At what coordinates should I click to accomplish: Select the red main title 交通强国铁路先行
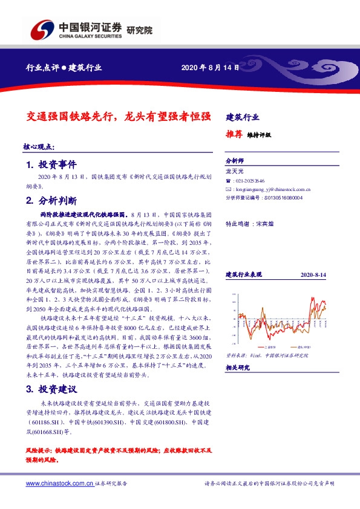tap(71, 115)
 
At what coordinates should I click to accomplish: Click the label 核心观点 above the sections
tap(39, 147)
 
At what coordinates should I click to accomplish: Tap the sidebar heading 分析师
tap(234, 161)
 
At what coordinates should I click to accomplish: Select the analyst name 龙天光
tap(234, 172)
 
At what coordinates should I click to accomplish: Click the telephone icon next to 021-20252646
tap(228, 180)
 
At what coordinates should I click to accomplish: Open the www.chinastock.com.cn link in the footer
tap(60, 484)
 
